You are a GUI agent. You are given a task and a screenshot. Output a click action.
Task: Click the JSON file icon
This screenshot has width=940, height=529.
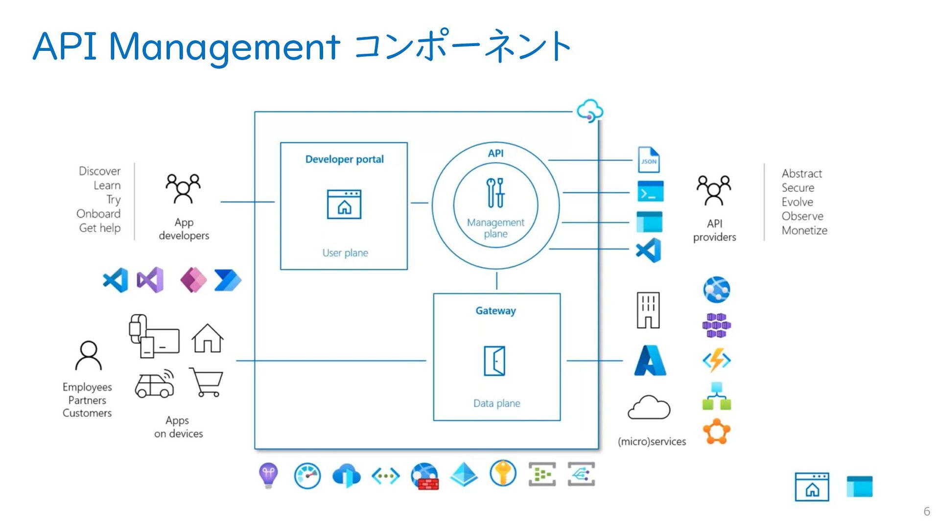(x=649, y=160)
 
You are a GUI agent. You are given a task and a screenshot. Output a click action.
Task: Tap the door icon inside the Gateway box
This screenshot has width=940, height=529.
(x=494, y=361)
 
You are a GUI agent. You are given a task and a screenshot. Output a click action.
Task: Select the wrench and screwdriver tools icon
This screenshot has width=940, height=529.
(x=495, y=192)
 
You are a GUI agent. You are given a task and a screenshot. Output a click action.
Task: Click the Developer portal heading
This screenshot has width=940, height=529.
(x=344, y=159)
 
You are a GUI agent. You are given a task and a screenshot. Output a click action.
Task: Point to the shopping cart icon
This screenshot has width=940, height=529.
(x=207, y=382)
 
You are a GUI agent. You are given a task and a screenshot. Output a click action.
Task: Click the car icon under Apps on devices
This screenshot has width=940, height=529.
(x=155, y=383)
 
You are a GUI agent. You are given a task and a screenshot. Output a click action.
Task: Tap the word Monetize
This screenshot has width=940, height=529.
(x=804, y=230)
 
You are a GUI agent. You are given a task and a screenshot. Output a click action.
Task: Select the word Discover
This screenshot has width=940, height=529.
(x=99, y=171)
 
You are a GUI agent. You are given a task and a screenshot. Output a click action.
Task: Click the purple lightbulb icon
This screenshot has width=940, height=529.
(x=268, y=475)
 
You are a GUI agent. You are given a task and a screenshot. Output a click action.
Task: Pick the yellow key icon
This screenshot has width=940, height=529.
(x=503, y=473)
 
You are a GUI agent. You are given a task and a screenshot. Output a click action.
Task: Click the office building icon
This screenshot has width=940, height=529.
(x=648, y=310)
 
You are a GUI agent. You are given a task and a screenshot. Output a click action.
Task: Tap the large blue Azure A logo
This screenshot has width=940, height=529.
(x=650, y=360)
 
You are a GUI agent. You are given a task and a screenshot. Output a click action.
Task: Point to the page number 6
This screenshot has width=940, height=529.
(x=927, y=511)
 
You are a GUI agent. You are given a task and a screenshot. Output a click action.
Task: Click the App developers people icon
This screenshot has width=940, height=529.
(x=183, y=188)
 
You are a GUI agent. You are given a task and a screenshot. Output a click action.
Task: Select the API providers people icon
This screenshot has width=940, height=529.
(x=714, y=190)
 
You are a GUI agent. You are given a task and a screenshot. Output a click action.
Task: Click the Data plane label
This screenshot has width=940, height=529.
(x=496, y=403)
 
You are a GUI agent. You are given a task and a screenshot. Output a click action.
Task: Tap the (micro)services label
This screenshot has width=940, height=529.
(x=652, y=441)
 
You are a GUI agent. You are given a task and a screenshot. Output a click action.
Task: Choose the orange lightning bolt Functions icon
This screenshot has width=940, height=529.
(x=717, y=361)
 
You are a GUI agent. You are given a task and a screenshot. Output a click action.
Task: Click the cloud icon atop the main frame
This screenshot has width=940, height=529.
(x=589, y=111)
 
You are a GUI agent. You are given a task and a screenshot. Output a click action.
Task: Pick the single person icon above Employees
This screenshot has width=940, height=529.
(x=89, y=355)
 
